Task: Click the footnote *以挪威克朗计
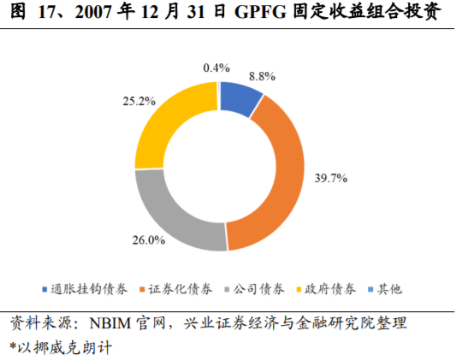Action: coord(60,347)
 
